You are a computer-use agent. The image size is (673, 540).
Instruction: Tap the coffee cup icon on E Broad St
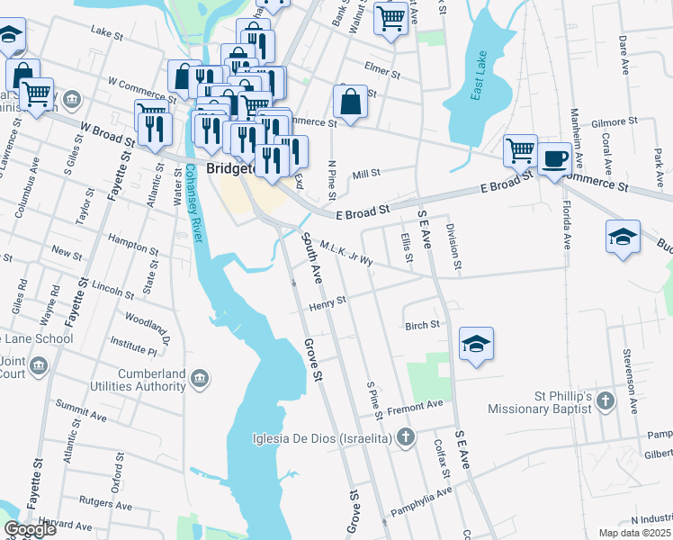coord(554,158)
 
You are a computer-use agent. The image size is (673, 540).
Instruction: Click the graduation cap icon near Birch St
coord(476,344)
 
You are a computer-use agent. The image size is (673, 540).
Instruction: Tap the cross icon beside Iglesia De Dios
coord(406,438)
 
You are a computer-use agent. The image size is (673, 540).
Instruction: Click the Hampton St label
coord(132,239)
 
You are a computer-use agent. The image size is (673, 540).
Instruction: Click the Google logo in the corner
coord(31,529)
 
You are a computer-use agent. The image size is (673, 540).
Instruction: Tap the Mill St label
coord(367,173)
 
